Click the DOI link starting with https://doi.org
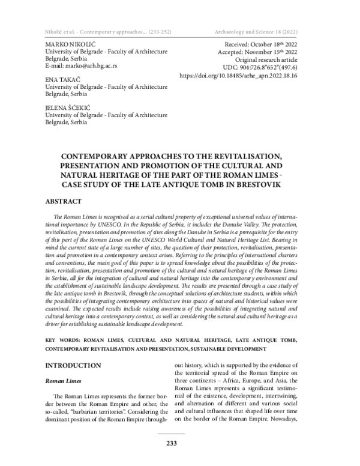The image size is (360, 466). point(251,77)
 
